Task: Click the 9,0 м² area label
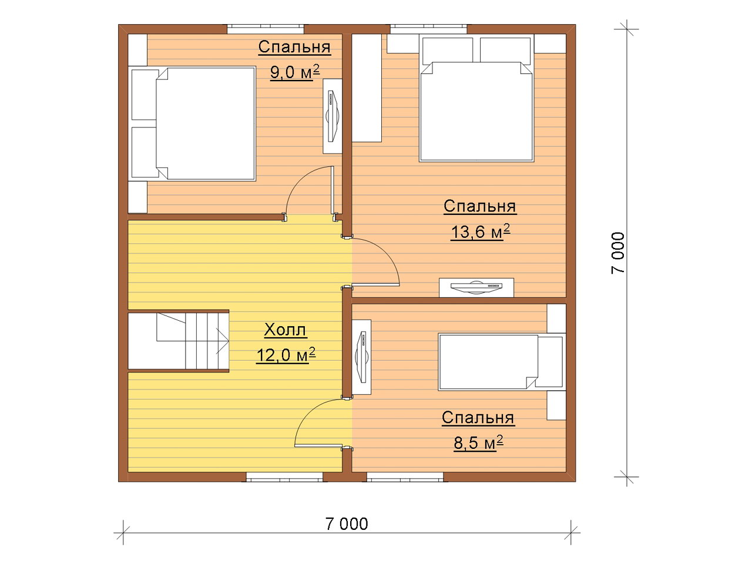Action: [x=295, y=72]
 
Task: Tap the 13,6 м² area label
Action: [x=480, y=232]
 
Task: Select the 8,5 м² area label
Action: [x=478, y=443]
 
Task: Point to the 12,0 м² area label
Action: [x=286, y=355]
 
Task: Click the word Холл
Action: [x=285, y=330]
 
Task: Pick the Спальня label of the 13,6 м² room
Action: [x=479, y=206]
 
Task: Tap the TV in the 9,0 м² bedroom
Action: [x=333, y=116]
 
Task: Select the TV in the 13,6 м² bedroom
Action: [x=476, y=287]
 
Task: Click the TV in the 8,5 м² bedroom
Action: [x=361, y=357]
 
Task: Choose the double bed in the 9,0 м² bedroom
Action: [x=193, y=123]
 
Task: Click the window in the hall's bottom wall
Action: [x=285, y=477]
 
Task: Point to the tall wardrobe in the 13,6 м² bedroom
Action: [x=367, y=88]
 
